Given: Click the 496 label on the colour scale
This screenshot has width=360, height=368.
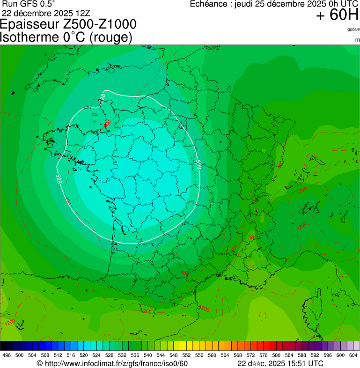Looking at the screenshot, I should pyautogui.click(x=7, y=356).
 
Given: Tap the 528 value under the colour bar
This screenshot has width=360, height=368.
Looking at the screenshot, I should pyautogui.click(x=109, y=356).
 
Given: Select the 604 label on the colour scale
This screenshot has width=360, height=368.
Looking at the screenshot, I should pyautogui.click(x=353, y=356).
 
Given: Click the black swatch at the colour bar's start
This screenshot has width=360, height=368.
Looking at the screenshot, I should pyautogui.click(x=4, y=346).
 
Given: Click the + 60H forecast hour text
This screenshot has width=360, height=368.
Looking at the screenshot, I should pyautogui.click(x=337, y=15).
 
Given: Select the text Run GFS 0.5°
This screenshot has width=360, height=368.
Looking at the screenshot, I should pyautogui.click(x=29, y=3).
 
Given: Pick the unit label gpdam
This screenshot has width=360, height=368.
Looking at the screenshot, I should pyautogui.click(x=353, y=29).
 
